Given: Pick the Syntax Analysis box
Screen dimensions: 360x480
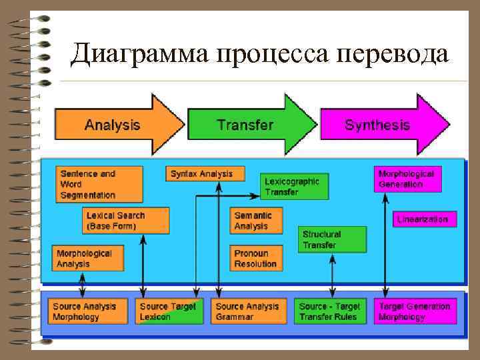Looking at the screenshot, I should point(205,173).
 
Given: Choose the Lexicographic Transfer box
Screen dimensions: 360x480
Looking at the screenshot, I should point(294,187).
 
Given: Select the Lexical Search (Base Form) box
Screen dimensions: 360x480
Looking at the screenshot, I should point(126,221).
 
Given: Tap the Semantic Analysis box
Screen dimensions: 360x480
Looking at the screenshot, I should point(256,221).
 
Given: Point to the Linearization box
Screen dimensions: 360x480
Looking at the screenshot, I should point(424,219).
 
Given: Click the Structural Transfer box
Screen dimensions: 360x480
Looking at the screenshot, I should point(332,240).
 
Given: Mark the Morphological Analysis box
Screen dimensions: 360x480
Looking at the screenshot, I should point(88,259).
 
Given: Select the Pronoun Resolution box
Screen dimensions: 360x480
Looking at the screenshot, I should point(256,259).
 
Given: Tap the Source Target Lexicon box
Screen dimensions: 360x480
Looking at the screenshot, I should point(169,311).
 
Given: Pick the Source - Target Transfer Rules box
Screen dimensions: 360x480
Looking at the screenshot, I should point(329,311).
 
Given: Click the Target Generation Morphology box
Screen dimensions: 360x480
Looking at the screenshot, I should point(415,311).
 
